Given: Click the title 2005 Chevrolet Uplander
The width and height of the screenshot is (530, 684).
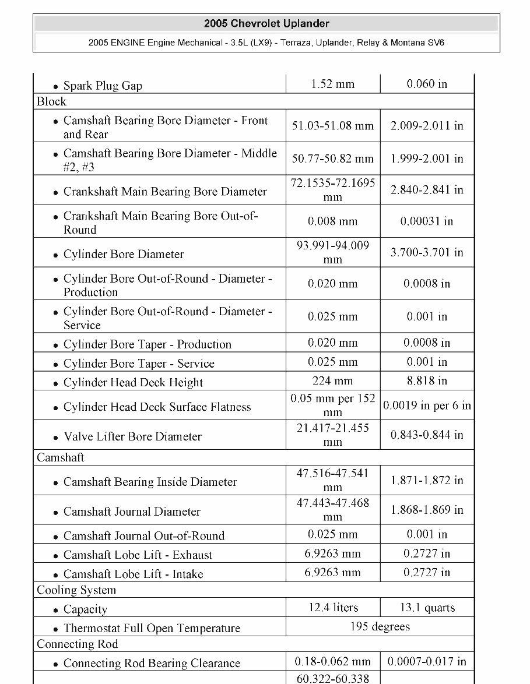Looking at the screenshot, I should point(266,24).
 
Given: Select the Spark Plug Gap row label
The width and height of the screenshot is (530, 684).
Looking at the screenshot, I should point(103,86).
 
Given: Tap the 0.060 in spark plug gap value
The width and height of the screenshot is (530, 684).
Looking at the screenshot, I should point(427,84).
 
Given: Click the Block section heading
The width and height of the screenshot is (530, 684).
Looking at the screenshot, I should point(51,101).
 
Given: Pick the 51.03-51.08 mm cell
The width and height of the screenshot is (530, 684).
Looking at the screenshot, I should point(333,126).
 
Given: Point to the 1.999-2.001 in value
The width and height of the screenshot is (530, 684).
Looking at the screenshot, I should point(427,158).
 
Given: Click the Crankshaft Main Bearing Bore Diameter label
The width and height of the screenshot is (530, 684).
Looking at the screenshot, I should point(165,191).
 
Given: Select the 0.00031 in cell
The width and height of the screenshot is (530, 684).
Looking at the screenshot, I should point(427,221).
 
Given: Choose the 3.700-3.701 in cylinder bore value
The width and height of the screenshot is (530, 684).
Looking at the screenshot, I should point(427,253).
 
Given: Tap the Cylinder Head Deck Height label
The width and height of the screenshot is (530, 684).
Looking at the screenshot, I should point(133,383).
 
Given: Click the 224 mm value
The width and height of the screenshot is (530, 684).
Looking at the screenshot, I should point(333,381).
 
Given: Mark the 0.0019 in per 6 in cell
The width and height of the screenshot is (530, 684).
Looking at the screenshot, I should point(427,406).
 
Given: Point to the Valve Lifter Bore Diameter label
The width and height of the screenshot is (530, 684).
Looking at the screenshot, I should point(132,436).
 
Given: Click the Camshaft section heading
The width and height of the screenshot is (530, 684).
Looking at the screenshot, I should point(61,457).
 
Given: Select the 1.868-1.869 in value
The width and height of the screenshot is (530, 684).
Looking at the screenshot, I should point(427,510).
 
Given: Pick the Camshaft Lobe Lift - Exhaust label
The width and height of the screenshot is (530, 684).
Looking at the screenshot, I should point(138,555).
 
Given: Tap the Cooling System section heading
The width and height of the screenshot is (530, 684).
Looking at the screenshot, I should point(76,590).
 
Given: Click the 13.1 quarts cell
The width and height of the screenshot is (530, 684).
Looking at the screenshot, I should point(427,608).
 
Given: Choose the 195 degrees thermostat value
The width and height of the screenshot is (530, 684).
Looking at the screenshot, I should point(380,627).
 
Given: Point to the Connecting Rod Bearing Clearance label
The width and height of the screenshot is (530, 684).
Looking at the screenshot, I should point(152,663).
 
